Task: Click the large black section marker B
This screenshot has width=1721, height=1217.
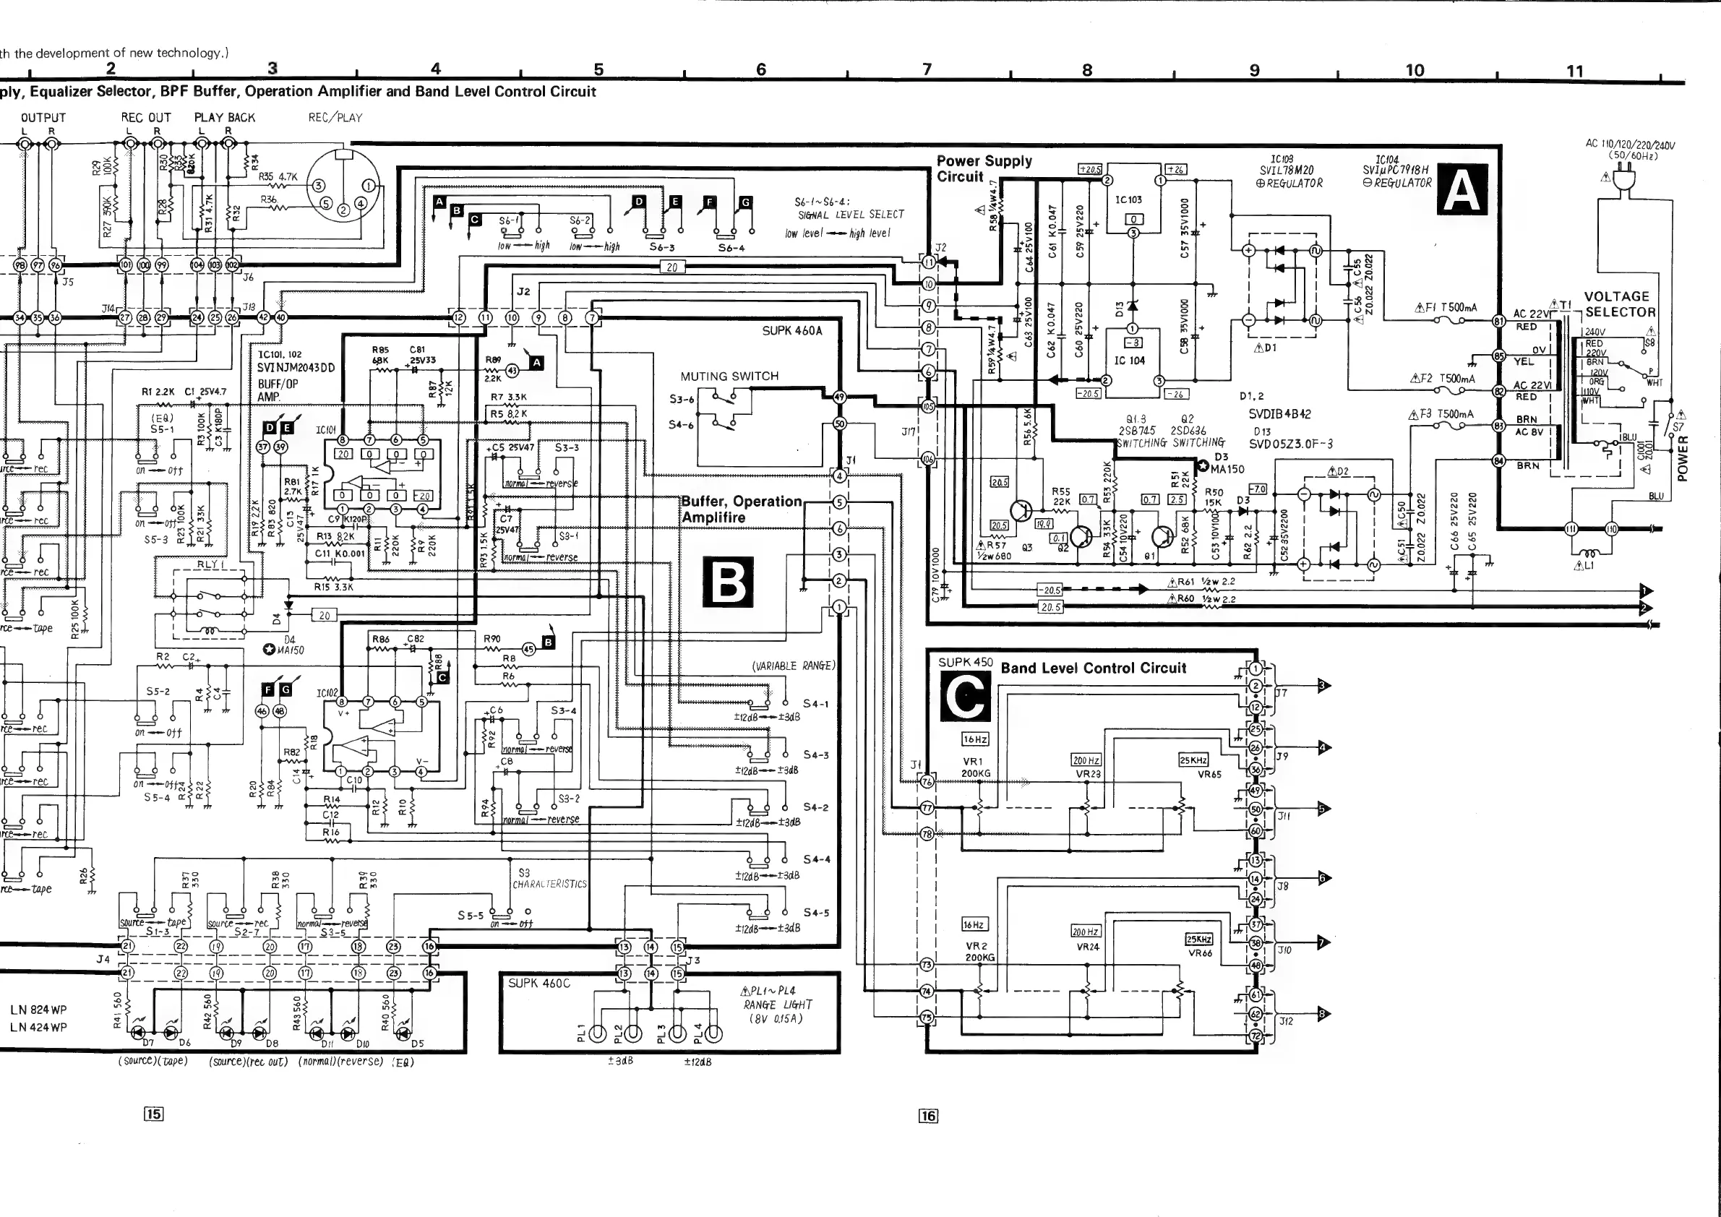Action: [x=727, y=582]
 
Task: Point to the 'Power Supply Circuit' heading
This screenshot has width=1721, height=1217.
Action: [x=984, y=168]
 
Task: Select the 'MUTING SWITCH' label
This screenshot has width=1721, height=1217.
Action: [x=729, y=377]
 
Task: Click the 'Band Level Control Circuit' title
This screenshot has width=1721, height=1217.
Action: [x=1094, y=668]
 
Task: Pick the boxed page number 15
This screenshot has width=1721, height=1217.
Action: [x=154, y=1114]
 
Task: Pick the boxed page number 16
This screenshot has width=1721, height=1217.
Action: [x=928, y=1116]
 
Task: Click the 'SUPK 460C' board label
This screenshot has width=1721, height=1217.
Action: [x=539, y=983]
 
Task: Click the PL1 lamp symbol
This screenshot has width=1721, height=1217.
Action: [x=598, y=1034]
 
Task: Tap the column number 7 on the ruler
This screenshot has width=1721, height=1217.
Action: [x=927, y=69]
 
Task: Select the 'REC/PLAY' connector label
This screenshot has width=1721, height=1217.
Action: [x=335, y=118]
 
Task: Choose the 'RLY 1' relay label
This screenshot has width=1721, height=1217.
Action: [x=210, y=564]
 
